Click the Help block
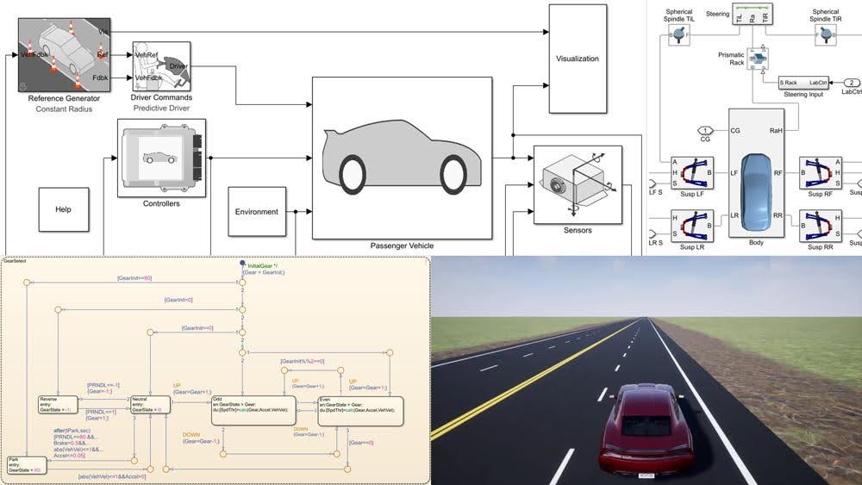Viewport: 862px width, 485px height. coord(64,209)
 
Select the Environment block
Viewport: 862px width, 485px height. coord(257,211)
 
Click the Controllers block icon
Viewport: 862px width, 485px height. coord(161,158)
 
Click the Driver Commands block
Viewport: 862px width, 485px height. coord(161,67)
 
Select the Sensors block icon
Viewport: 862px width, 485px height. coord(577,183)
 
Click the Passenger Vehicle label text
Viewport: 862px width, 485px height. coord(402,246)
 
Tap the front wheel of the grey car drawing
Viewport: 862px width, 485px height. coord(453,173)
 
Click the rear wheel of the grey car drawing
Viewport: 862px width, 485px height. coord(353,173)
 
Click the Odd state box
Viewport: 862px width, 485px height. coord(253,410)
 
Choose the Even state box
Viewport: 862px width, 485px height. coord(360,410)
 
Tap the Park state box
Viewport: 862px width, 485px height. coord(26,466)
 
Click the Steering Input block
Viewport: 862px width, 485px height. coord(803,83)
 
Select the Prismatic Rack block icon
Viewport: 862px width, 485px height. coord(759,58)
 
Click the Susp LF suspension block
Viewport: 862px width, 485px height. coord(691,173)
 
